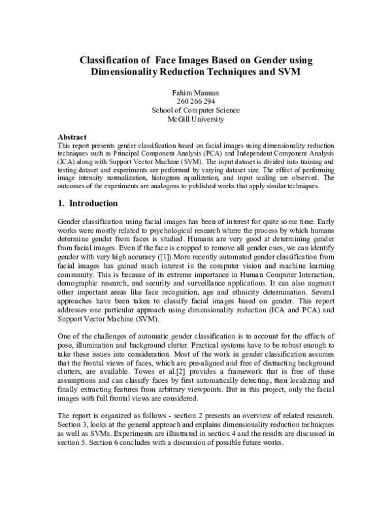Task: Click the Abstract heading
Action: click(x=73, y=136)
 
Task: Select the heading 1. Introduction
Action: click(x=88, y=203)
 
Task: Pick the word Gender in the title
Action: click(x=245, y=60)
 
